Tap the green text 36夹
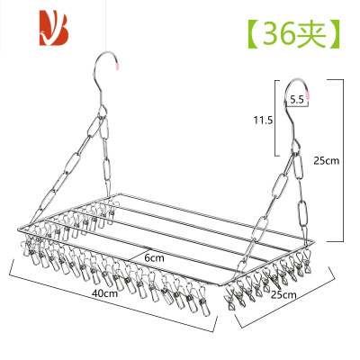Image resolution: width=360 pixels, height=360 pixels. (x=294, y=33)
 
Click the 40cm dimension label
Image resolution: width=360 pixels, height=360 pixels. (x=105, y=293)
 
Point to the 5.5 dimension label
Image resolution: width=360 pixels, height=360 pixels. (x=297, y=100)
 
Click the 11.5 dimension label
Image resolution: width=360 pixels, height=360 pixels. (x=263, y=121)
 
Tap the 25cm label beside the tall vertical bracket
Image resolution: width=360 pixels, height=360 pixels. (x=327, y=161)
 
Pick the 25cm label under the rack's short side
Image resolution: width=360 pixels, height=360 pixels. (x=283, y=294)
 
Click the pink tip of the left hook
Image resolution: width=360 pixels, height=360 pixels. (x=118, y=65)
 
